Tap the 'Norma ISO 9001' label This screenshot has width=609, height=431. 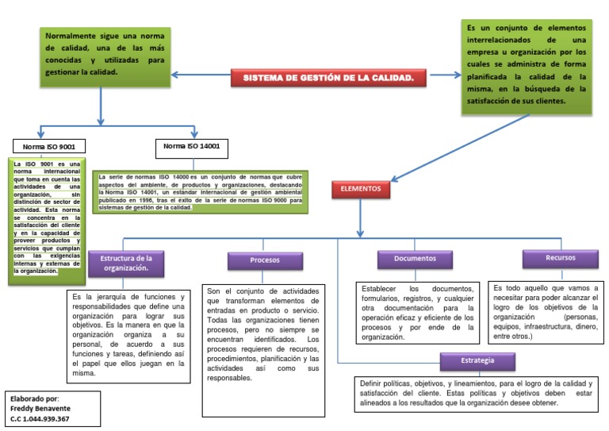tap(49, 148)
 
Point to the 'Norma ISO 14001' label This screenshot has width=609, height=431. tap(191, 147)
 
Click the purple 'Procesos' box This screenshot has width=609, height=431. tap(265, 260)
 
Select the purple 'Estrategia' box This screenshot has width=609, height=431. tap(477, 362)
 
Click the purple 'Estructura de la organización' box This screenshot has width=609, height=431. tap(125, 263)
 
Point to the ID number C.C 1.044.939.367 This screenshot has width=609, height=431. tap(40, 418)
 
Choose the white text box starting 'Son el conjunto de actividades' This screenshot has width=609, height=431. tap(262, 334)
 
